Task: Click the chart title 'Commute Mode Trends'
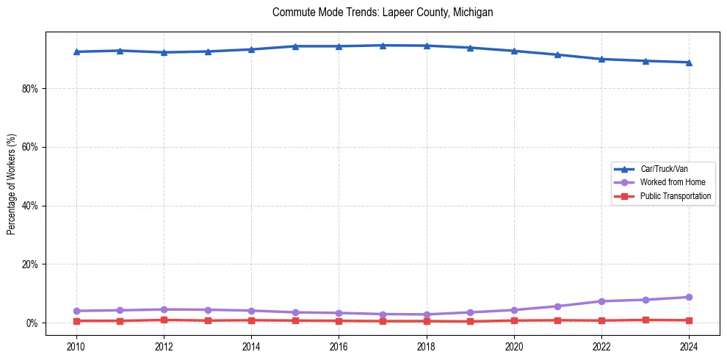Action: pos(382,12)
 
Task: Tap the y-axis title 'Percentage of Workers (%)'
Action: pos(11,184)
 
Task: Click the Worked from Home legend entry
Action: pos(672,182)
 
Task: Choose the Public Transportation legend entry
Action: pos(675,196)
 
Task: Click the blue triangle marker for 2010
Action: pos(76,51)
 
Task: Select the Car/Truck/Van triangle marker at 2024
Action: pos(689,62)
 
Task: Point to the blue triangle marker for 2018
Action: pos(427,46)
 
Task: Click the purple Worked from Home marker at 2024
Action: pos(689,298)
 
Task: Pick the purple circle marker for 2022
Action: pos(601,301)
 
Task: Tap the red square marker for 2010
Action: pos(76,321)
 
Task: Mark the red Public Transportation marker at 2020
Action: pos(514,320)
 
